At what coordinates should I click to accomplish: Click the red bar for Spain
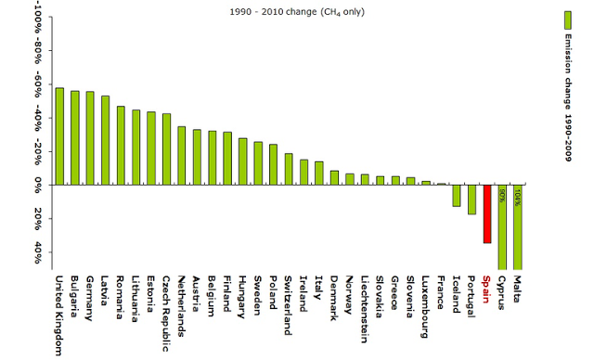(x=486, y=213)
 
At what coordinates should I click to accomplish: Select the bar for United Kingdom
(x=59, y=135)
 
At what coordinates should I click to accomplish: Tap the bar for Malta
(x=517, y=226)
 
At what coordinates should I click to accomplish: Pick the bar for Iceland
(x=456, y=195)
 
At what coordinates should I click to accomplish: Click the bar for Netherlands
(x=181, y=155)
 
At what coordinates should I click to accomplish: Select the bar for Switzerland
(x=288, y=168)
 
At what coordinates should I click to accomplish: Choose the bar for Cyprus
(x=502, y=226)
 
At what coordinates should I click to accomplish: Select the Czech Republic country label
(x=166, y=312)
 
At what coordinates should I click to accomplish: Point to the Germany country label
(x=90, y=298)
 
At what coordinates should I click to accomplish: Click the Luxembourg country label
(x=425, y=305)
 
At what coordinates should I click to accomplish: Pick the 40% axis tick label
(x=38, y=253)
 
